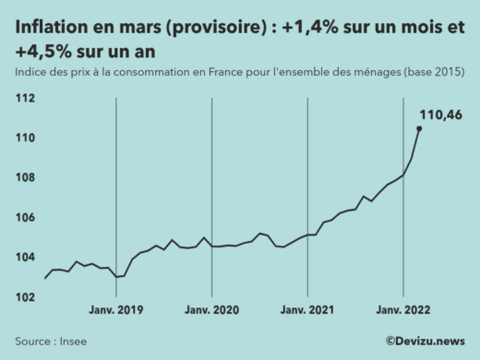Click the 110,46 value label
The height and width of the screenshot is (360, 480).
(440, 114)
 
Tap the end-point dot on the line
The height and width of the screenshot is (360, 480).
(419, 129)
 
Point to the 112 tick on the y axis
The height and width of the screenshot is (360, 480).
(26, 98)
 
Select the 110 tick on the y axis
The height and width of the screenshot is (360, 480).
(26, 138)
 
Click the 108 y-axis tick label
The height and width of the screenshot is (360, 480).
(26, 177)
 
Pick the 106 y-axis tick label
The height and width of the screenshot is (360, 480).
(26, 217)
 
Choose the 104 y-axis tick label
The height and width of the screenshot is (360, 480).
(26, 257)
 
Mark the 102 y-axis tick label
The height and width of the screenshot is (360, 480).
(26, 296)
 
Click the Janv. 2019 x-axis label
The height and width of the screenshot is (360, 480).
(116, 311)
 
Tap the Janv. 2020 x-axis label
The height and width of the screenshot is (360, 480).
(211, 311)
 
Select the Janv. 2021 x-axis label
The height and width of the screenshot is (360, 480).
(307, 311)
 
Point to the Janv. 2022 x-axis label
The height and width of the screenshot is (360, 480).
(402, 311)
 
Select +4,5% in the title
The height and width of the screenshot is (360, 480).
(40, 52)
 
